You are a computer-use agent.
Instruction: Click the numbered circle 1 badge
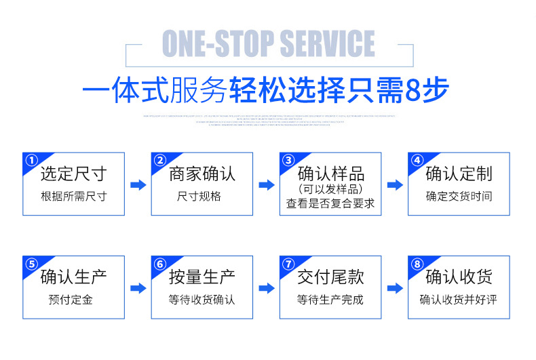31,161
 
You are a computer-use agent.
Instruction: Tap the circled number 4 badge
417,161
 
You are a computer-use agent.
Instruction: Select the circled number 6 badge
160,264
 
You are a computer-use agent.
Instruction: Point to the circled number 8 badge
417,264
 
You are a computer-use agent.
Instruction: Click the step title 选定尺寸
73,174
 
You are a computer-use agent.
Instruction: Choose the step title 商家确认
202,174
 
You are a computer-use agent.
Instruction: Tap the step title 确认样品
330,173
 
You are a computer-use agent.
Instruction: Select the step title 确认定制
459,174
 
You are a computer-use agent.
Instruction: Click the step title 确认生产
73,277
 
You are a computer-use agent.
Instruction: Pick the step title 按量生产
202,277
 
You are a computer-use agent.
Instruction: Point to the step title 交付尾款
330,277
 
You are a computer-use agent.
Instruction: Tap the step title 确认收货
459,277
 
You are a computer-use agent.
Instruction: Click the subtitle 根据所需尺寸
73,197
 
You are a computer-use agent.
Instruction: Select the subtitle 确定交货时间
459,197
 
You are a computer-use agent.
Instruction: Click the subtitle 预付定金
73,300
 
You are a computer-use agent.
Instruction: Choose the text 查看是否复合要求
330,203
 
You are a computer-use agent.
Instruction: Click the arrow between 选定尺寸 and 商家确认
138,185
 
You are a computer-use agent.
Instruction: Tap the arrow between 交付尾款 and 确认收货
395,288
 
